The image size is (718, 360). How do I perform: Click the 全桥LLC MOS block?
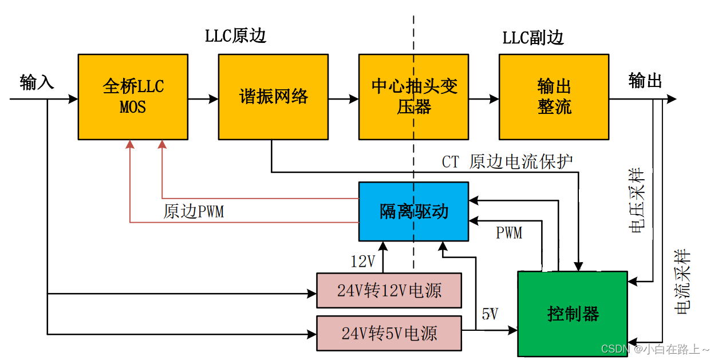(133, 97)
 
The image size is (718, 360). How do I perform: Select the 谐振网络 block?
(273, 97)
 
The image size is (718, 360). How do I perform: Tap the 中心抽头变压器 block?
(413, 97)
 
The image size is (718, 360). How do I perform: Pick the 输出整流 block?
(554, 97)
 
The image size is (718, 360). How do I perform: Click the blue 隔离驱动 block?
(413, 211)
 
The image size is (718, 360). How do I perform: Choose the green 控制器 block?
(573, 314)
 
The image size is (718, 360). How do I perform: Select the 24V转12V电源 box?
(389, 291)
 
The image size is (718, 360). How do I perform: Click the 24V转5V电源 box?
(389, 333)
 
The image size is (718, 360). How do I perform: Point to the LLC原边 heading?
(236, 37)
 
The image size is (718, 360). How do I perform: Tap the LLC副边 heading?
(533, 38)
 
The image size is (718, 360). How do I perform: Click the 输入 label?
(37, 82)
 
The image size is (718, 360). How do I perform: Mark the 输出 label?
(645, 81)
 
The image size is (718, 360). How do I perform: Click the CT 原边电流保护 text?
(507, 162)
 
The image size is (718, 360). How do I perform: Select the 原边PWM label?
(194, 212)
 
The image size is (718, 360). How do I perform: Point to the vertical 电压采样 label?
(636, 200)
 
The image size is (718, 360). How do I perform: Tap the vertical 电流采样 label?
(683, 282)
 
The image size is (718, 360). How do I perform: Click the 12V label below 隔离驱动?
(362, 262)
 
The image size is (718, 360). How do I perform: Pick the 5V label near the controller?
(490, 314)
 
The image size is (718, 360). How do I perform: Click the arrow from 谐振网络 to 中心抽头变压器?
(344, 99)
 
